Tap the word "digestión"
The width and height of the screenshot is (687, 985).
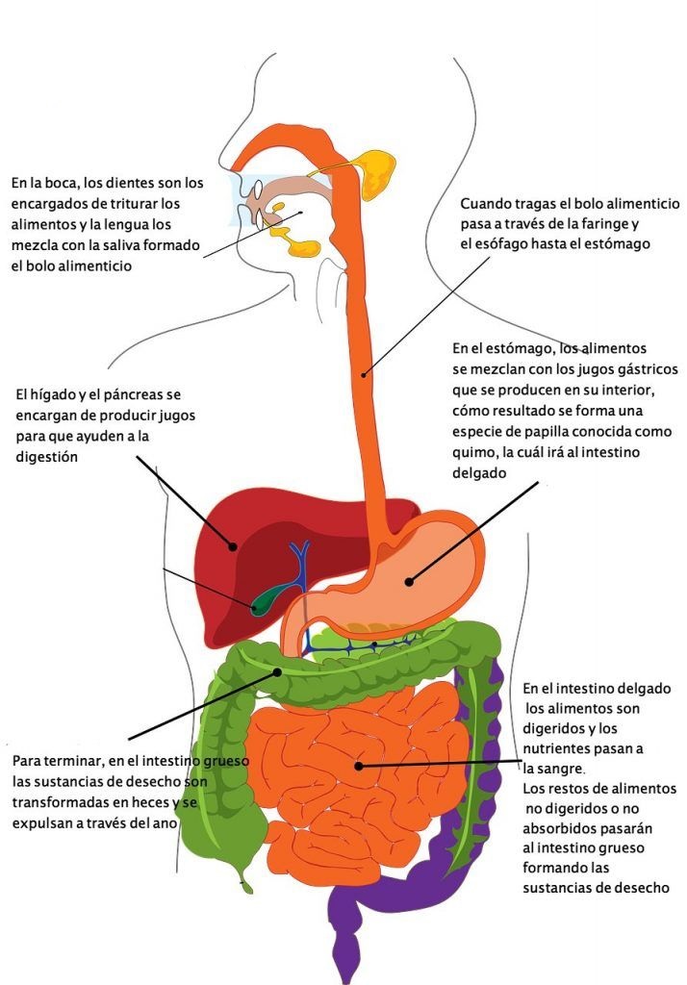click(x=46, y=458)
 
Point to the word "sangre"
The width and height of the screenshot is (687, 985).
click(x=560, y=769)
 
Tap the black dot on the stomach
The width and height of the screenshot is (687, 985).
click(x=408, y=581)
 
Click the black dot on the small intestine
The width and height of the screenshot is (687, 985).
click(x=357, y=766)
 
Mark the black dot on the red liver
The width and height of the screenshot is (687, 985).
click(x=233, y=547)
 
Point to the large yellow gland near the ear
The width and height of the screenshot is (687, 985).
click(x=377, y=173)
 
